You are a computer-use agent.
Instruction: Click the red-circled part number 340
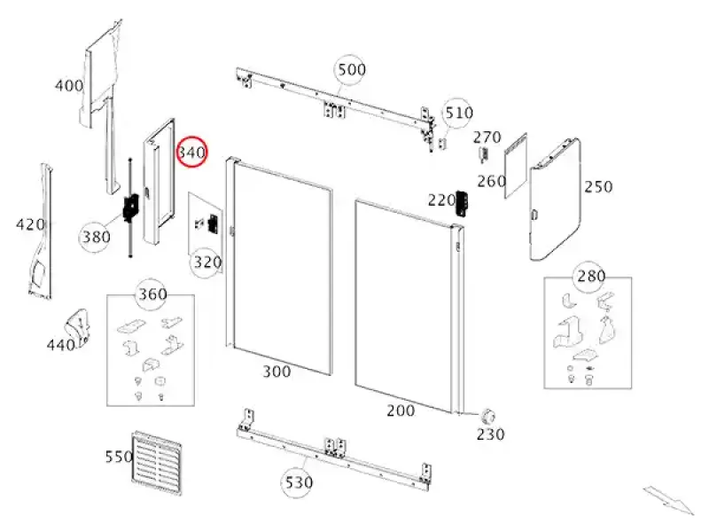(191, 152)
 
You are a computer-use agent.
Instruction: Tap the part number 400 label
(69, 85)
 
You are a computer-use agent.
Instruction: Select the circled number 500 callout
(351, 70)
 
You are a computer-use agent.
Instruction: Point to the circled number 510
(458, 113)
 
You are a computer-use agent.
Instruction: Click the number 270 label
(487, 137)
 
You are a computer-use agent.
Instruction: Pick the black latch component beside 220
(462, 203)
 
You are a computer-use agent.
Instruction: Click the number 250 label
(598, 186)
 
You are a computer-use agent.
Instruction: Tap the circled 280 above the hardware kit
(590, 276)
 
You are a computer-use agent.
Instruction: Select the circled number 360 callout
(152, 294)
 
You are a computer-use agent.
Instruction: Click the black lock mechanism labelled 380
(131, 207)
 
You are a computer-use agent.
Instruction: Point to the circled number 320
(207, 262)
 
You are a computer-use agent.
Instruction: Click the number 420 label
(30, 224)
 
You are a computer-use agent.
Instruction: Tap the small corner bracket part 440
(79, 327)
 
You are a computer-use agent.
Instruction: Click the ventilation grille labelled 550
(157, 463)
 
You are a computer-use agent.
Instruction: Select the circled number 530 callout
(297, 482)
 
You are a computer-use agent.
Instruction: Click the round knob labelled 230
(488, 415)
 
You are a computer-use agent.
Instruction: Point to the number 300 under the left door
(277, 372)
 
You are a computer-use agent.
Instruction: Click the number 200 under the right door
(401, 411)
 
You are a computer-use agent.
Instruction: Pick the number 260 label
(492, 181)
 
